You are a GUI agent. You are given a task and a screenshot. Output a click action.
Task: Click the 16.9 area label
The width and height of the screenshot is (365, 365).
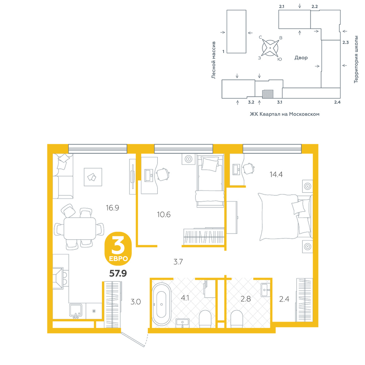pos(112,208)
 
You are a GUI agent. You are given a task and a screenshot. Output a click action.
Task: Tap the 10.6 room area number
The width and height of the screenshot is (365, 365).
pos(164,214)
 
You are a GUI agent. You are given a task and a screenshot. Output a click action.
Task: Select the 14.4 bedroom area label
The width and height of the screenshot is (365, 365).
pos(276,174)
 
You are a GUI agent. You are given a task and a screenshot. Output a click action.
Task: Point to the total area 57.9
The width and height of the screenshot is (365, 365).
pos(118,273)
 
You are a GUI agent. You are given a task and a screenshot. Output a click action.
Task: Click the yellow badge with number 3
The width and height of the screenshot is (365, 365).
pos(118,249)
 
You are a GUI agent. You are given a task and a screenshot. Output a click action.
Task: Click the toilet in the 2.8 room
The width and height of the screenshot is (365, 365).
pos(237,319)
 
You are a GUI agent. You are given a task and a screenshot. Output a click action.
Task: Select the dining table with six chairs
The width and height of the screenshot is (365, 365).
pos(79,228)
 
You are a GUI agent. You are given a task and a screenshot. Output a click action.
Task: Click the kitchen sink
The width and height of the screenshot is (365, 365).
pos(76,311)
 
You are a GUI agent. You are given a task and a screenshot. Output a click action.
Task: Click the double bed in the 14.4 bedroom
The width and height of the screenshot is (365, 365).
pos(285,217)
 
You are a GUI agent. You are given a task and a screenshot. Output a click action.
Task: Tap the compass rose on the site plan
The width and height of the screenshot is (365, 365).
pos(270,48)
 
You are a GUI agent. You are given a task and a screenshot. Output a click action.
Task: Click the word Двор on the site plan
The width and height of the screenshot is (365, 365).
pos(301,58)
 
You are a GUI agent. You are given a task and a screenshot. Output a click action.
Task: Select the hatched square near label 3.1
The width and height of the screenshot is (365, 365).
pos(268,94)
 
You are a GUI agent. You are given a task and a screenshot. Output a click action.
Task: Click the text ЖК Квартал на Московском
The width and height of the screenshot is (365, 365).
pos(284,114)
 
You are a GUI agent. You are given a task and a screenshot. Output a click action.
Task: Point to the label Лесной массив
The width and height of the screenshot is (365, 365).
pos(213,60)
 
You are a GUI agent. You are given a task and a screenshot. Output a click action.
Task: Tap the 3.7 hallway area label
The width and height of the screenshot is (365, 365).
pos(178,262)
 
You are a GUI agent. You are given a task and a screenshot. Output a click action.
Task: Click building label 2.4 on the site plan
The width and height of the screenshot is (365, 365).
pos(337,102)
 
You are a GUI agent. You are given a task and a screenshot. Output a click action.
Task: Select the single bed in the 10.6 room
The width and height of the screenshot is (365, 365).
pos(210,181)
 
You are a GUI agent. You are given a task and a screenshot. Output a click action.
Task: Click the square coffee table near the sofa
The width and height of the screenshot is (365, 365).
pos(93,177)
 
